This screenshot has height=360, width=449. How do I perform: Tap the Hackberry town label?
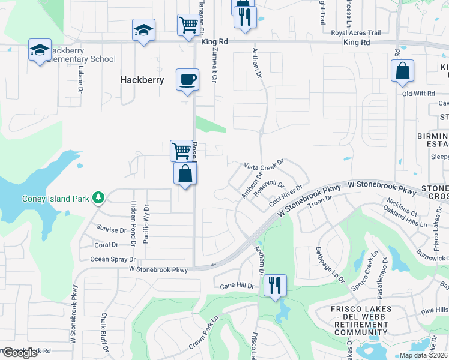click(142, 79)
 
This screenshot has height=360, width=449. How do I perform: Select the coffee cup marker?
click(187, 79)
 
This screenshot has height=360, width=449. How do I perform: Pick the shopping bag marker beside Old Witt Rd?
click(402, 71)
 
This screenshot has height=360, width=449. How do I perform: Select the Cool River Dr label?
click(285, 198)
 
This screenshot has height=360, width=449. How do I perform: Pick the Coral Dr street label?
click(106, 245)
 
